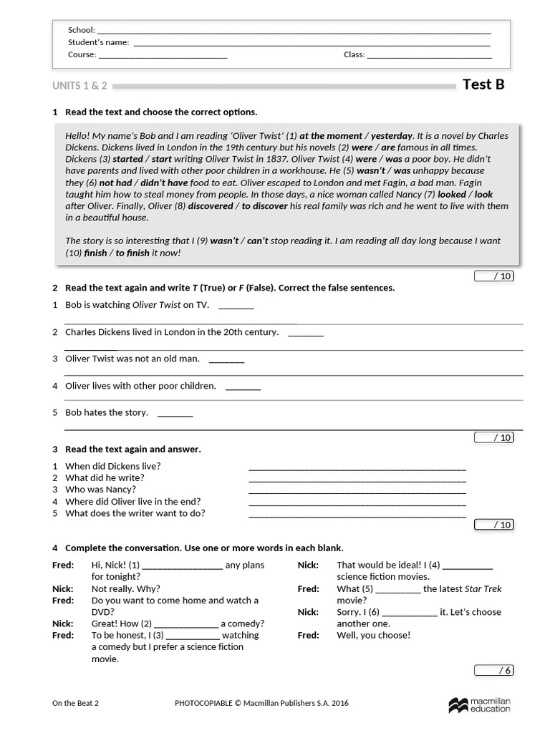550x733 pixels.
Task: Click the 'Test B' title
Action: pyautogui.click(x=483, y=84)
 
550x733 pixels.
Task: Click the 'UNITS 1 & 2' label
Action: pyautogui.click(x=79, y=86)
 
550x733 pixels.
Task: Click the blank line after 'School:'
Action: pyautogui.click(x=294, y=32)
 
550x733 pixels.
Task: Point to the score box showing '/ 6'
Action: pyautogui.click(x=493, y=671)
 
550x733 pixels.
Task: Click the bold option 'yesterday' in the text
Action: pyautogui.click(x=391, y=135)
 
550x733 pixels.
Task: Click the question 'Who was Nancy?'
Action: pyautogui.click(x=96, y=490)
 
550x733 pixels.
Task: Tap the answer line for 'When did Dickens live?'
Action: pyautogui.click(x=357, y=468)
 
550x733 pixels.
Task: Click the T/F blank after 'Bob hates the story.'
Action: pyautogui.click(x=175, y=414)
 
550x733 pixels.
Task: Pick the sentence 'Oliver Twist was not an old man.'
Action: pyautogui.click(x=132, y=359)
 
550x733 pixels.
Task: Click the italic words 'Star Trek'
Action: pyautogui.click(x=483, y=589)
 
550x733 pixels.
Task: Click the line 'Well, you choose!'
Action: pyautogui.click(x=373, y=635)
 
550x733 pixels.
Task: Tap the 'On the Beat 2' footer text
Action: pyautogui.click(x=75, y=703)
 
